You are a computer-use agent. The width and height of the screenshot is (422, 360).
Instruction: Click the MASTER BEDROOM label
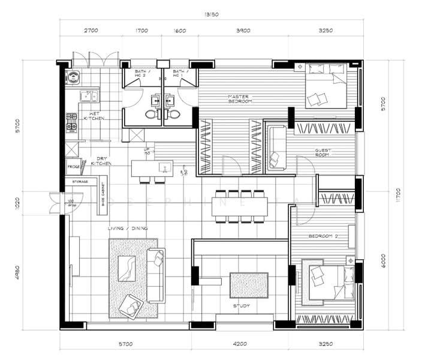click(x=239, y=99)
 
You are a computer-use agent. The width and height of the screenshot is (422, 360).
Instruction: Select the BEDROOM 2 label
click(x=323, y=236)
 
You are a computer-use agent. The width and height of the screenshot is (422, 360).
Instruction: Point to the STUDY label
click(x=242, y=306)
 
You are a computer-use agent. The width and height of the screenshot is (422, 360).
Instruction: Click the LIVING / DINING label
click(x=128, y=228)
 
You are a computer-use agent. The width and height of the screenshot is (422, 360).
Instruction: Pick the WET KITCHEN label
click(x=94, y=116)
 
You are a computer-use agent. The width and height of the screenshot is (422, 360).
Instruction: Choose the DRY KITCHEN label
click(x=101, y=161)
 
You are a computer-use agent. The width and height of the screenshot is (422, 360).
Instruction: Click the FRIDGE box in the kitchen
click(x=73, y=167)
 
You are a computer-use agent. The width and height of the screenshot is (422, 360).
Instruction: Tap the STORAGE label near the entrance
click(x=80, y=181)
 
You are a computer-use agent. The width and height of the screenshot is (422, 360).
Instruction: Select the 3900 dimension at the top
click(x=243, y=29)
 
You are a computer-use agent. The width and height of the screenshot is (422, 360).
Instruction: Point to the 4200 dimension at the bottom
click(x=239, y=344)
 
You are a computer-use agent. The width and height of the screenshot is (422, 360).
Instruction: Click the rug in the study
click(x=248, y=285)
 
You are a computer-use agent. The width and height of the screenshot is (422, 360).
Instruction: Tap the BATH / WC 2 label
click(x=143, y=74)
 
